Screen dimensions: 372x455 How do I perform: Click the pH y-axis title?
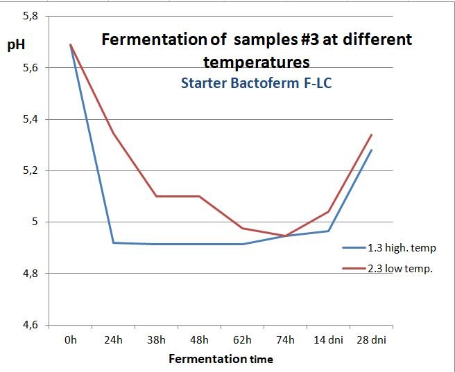[x=15, y=46]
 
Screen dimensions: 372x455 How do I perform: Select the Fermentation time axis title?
[x=220, y=359]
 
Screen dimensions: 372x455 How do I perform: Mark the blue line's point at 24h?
[x=114, y=242]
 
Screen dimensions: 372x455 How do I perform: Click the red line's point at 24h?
[x=114, y=133]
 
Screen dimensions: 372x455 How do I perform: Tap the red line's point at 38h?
[x=157, y=196]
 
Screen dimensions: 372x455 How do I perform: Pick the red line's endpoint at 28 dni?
[x=372, y=135]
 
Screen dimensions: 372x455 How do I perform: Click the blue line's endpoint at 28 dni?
[x=372, y=150]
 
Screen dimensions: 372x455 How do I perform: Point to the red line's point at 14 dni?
[x=329, y=211]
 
